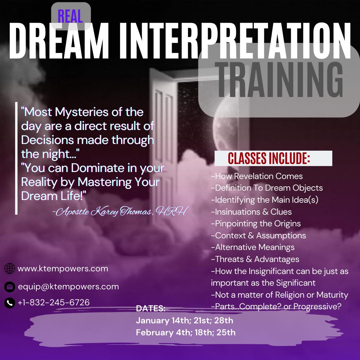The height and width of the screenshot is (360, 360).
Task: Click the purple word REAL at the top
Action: pyautogui.click(x=70, y=16)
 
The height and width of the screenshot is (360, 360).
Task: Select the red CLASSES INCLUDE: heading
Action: pyautogui.click(x=269, y=158)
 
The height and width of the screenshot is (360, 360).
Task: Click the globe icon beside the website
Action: pyautogui.click(x=10, y=268)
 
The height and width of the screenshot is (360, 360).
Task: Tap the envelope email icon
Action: pyautogui.click(x=10, y=287)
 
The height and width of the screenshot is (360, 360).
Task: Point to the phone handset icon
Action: pyautogui.click(x=10, y=303)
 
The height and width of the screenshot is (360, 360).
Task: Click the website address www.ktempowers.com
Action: pyautogui.click(x=63, y=269)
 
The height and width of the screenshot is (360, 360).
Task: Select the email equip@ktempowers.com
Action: pyautogui.click(x=68, y=287)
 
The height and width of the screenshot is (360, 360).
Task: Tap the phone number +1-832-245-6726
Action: pyautogui.click(x=53, y=302)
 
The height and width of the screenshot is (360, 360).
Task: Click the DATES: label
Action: pyautogui.click(x=151, y=308)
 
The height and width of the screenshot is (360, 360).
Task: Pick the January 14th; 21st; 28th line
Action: pyautogui.click(x=184, y=321)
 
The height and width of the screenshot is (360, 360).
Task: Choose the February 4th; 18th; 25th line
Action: pyautogui.click(x=186, y=332)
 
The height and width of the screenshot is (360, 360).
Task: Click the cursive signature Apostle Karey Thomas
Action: pyautogui.click(x=121, y=211)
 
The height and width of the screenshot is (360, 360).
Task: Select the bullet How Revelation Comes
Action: pyautogui.click(x=257, y=176)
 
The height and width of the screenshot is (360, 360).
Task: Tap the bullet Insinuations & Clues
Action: pyautogui.click(x=251, y=212)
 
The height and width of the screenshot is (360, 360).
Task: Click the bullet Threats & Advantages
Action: pyautogui.click(x=255, y=259)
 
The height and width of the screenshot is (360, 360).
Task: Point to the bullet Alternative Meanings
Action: pyautogui.click(x=253, y=247)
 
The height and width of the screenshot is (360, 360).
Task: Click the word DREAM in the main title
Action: pyautogui.click(x=59, y=41)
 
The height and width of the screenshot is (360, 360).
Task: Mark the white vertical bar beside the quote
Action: pyautogui.click(x=16, y=158)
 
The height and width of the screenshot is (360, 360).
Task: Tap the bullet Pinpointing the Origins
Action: pyautogui.click(x=256, y=224)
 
